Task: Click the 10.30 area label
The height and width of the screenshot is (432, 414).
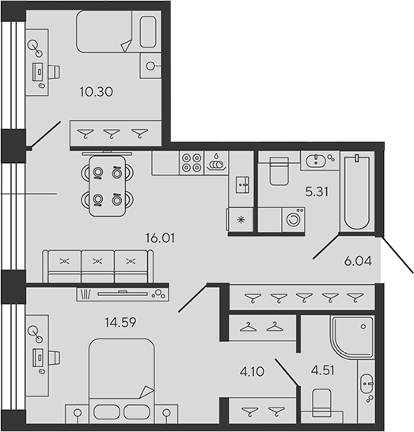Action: coord(97,92)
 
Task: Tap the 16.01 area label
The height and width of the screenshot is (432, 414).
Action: coord(160,238)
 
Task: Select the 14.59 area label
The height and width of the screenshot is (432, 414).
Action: coord(120,322)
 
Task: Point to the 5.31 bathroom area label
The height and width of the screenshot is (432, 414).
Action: coord(317,191)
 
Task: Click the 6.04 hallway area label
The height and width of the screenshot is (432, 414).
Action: coord(358,261)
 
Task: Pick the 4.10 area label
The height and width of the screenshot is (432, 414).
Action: coord(252,372)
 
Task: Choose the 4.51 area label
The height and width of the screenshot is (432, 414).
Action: coord(323,370)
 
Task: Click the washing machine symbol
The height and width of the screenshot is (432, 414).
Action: coord(293,220)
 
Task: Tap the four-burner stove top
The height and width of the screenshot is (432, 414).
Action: coord(192,163)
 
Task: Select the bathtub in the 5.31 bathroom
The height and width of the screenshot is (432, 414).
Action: coord(357,191)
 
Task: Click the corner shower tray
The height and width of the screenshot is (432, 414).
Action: coord(352,337)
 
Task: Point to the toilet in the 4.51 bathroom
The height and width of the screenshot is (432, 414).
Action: coord(321,404)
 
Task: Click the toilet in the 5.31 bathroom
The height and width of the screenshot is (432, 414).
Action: coord(279,171)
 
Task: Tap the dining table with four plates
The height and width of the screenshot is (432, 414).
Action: coord(108,186)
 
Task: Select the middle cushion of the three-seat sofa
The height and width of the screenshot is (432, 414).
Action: coord(97,266)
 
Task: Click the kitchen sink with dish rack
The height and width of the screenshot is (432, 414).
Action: coord(216,163)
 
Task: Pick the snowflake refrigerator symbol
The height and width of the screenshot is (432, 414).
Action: coord(241,220)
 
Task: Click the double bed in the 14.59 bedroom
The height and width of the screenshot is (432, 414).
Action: coord(122,381)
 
